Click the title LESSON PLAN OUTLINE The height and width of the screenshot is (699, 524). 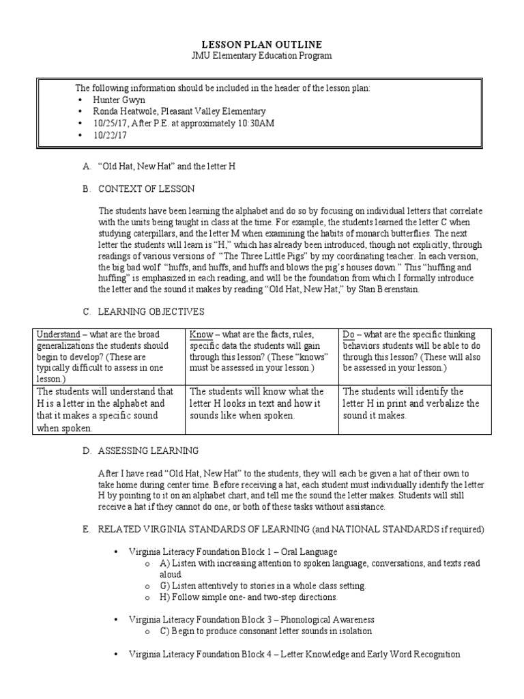point(262,44)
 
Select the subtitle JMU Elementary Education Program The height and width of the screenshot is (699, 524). point(262,56)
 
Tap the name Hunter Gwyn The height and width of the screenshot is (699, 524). point(121,100)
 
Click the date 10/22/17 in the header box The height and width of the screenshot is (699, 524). point(113,135)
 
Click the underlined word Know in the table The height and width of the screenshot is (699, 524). point(200,334)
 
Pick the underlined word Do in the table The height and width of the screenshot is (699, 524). point(349,334)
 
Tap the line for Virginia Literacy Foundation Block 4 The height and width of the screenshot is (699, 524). point(294,654)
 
